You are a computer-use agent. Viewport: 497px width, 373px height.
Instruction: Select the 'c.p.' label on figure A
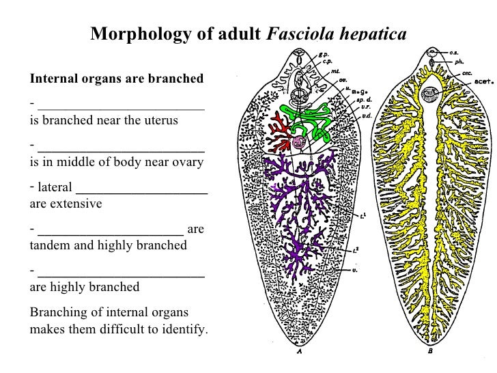328,60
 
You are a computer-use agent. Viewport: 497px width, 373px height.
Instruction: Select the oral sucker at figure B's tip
431,53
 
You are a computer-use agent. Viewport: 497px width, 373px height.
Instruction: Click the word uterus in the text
158,121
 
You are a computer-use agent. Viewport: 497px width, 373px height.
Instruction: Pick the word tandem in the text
50,244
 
